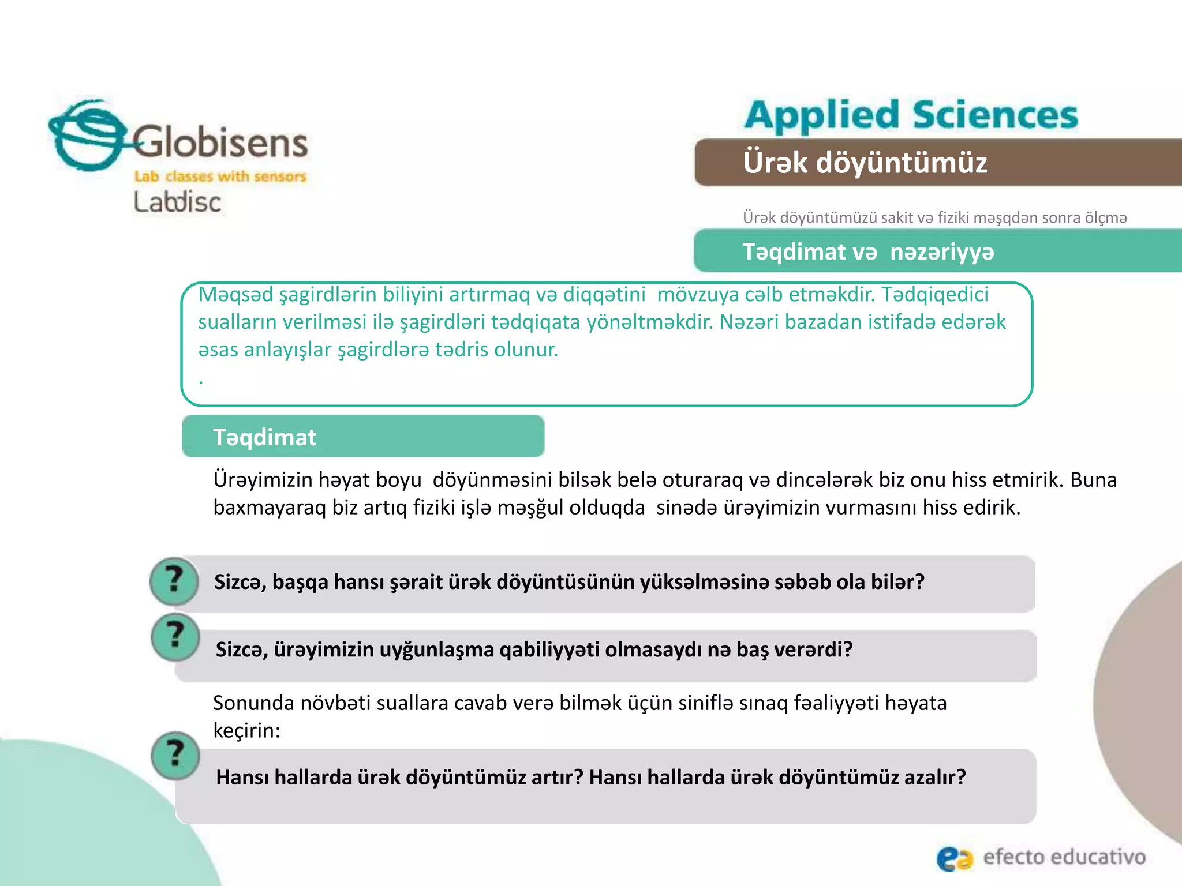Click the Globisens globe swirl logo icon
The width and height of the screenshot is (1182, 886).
[x=87, y=136]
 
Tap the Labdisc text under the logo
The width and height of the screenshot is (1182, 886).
[x=177, y=202]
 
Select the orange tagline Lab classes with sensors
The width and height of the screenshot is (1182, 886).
[x=220, y=176]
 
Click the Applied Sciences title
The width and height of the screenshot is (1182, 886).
[x=911, y=115]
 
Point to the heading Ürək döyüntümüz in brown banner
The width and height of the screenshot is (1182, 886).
[x=865, y=162]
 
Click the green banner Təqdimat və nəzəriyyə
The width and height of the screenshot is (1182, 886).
[x=868, y=251]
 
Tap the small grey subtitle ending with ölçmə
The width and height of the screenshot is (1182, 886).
[x=934, y=217]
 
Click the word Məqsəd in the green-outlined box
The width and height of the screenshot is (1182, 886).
[x=235, y=295]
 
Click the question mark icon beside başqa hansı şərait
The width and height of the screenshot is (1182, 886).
[x=174, y=580]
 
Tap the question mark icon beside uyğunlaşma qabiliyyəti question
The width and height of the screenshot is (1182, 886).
[x=175, y=637]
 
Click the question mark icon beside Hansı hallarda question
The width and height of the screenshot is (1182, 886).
[x=175, y=755]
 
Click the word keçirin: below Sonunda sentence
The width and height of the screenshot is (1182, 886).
[x=246, y=730]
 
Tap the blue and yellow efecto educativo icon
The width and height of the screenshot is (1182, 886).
[x=954, y=858]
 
